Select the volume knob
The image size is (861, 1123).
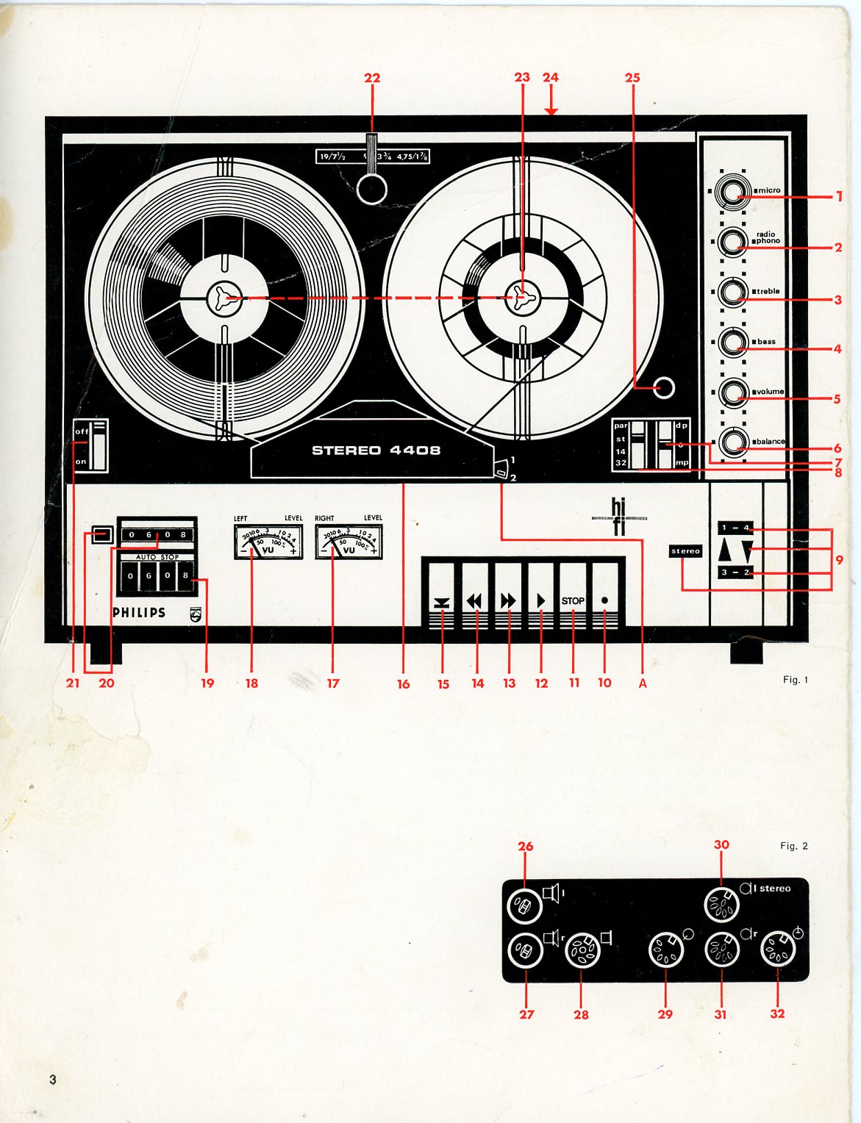point(733,392)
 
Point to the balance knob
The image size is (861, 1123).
point(733,442)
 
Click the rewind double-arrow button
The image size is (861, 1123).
point(475,600)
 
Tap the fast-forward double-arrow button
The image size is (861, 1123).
point(508,600)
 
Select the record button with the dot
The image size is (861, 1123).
point(604,600)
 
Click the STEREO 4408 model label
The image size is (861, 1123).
point(376,450)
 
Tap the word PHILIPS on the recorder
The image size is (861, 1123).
point(139,612)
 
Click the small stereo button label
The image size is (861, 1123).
point(685,550)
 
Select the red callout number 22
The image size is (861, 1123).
point(372,78)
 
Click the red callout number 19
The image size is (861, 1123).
point(207,684)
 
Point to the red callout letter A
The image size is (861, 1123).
point(643,684)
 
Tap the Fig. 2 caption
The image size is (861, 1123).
point(793,846)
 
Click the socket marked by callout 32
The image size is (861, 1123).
point(778,950)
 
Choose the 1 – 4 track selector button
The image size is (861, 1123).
point(735,528)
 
